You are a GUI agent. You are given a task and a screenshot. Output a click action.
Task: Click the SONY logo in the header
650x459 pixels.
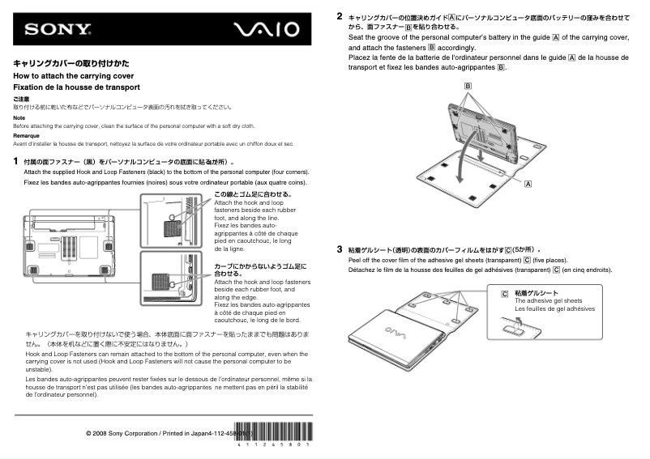pyautogui.click(x=58, y=30)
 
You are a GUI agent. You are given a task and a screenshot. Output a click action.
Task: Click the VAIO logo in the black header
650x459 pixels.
pyautogui.click(x=267, y=30)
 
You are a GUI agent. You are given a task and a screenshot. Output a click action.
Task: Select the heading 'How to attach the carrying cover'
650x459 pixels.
pyautogui.click(x=68, y=75)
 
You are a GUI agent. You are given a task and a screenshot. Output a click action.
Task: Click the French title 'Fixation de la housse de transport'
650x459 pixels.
pyautogui.click(x=76, y=87)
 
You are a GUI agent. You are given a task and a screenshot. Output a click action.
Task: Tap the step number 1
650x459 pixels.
pyautogui.click(x=16, y=161)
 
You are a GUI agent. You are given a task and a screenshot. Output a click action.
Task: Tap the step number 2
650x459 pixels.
pyautogui.click(x=340, y=15)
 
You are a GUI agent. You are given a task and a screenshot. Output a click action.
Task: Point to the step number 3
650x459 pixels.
pyautogui.click(x=340, y=250)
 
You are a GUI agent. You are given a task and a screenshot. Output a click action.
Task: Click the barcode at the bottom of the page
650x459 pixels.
pyautogui.click(x=272, y=434)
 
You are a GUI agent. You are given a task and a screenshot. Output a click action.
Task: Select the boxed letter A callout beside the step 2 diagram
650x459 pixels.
pyautogui.click(x=528, y=185)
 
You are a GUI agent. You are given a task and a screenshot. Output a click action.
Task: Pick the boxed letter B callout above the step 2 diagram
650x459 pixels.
pyautogui.click(x=468, y=86)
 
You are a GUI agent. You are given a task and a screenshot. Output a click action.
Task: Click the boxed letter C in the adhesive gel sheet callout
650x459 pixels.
pyautogui.click(x=505, y=294)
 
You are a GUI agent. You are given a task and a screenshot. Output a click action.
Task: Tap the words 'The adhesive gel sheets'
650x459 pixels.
pyautogui.click(x=548, y=300)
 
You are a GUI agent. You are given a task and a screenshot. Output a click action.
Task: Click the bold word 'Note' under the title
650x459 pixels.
pyautogui.click(x=19, y=117)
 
